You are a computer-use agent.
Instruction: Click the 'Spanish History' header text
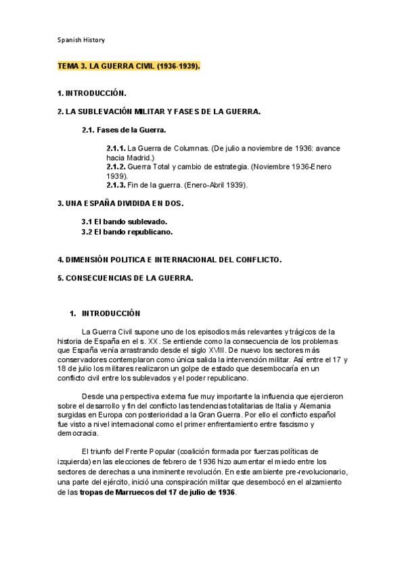pos(81,40)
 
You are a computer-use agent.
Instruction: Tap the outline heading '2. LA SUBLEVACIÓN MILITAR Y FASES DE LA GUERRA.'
pos(159,111)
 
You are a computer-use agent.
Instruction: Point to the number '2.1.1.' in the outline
pos(116,147)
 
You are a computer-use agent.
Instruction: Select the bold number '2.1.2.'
pos(116,166)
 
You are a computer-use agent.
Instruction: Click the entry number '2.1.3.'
pos(116,184)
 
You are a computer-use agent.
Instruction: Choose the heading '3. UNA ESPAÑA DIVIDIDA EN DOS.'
pos(120,203)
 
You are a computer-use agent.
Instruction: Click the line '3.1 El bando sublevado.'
pos(124,222)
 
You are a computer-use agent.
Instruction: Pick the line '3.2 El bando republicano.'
pos(127,231)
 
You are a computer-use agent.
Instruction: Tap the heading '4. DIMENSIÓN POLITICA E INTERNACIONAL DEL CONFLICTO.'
pos(169,259)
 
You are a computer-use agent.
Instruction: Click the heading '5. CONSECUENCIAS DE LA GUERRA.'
pos(125,277)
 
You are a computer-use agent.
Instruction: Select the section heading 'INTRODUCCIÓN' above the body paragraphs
pos(110,314)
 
